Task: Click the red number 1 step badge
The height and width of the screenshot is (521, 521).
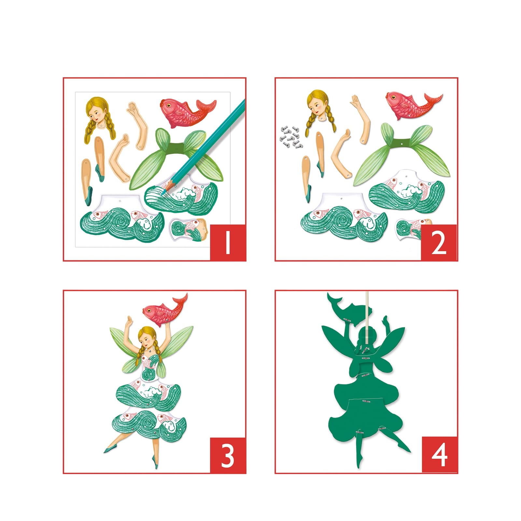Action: (228, 242)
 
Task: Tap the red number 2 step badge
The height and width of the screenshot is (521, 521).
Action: (439, 242)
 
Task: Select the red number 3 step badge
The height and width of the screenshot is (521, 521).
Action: (228, 455)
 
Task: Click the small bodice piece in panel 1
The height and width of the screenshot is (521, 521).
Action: (189, 229)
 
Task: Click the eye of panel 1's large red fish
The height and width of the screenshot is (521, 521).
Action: (168, 105)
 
